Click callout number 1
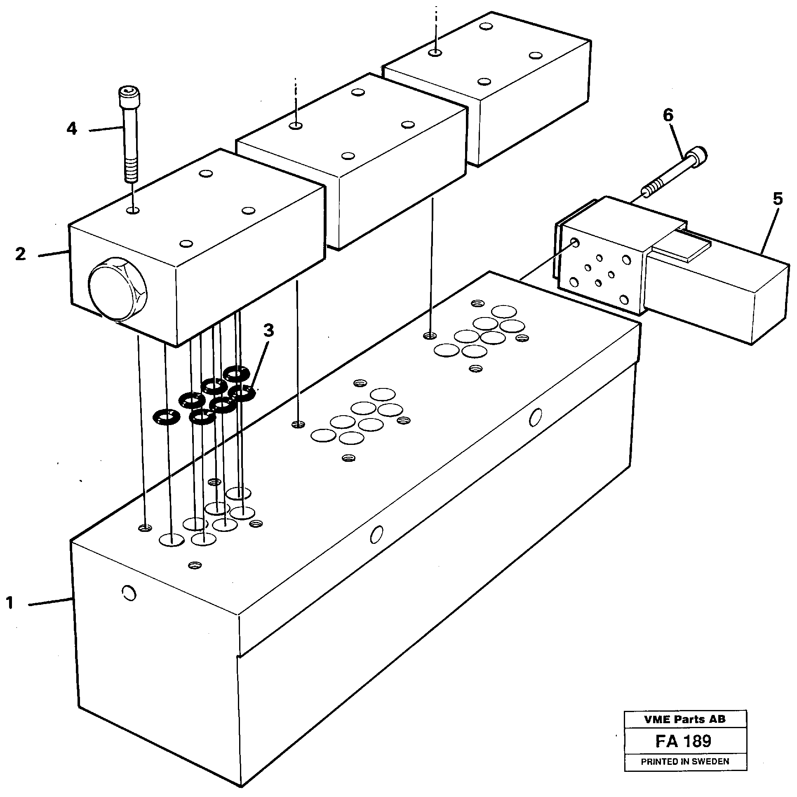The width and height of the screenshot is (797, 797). pos(10,604)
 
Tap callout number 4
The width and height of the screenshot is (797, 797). pos(72,129)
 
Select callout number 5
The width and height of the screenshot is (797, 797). pos(777,199)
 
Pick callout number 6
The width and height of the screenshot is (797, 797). pos(668,115)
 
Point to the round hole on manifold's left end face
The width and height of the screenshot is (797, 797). pos(129,593)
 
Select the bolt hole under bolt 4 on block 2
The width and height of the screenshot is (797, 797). pos(133,211)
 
